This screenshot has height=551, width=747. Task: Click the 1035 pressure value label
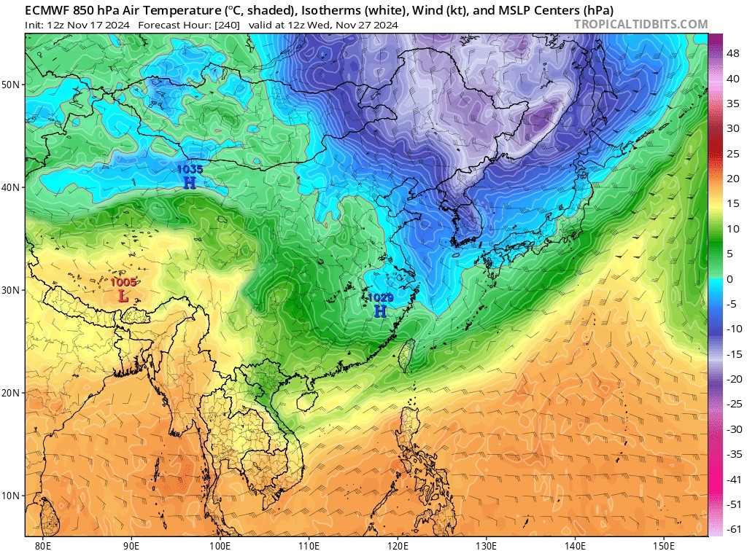pos(190,169)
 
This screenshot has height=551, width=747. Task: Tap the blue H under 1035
pos(190,182)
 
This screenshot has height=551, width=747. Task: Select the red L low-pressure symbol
pos(123,296)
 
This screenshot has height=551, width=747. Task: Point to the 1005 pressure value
pos(123,282)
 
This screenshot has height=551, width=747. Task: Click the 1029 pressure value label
pos(380,297)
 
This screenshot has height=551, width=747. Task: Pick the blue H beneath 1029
pos(380,311)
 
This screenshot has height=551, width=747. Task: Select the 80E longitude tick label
pos(43,544)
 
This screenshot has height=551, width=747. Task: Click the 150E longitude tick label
pos(663,544)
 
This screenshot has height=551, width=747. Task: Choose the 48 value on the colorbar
pos(730,43)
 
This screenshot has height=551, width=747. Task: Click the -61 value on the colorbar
pos(730,528)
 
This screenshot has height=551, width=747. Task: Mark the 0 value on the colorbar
pos(729,279)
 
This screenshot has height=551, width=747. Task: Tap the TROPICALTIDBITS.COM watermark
pos(640,24)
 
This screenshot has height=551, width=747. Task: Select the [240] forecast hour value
pos(228,25)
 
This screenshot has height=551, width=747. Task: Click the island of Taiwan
pos(409,356)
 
